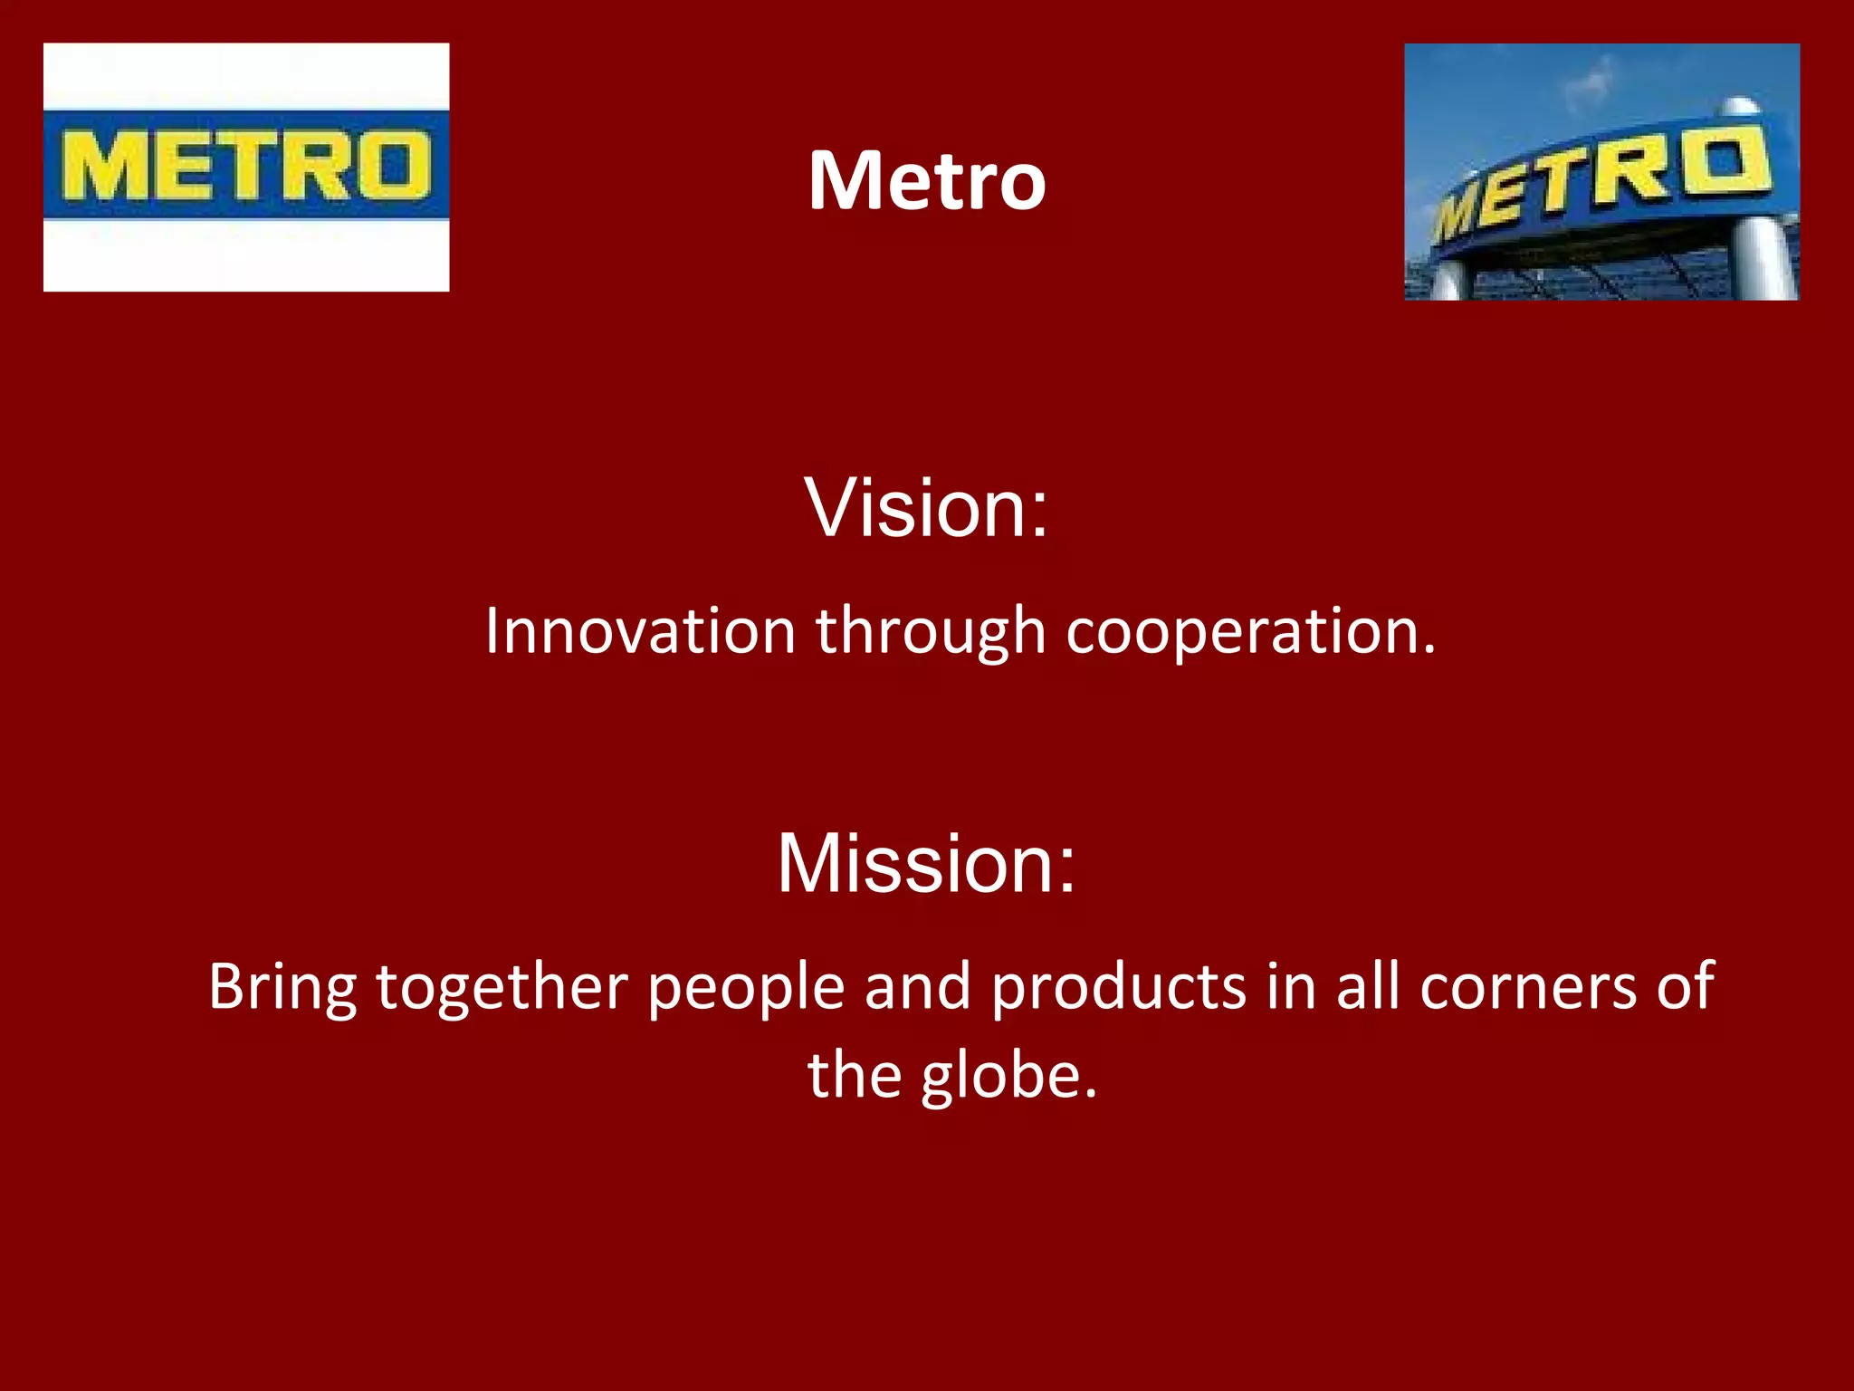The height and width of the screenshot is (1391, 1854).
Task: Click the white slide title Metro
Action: coord(927,180)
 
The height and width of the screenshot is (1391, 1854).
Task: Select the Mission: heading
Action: coord(926,864)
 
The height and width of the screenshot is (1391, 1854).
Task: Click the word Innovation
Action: coord(640,631)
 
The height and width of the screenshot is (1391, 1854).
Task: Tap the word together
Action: coord(502,988)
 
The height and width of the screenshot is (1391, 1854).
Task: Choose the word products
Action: coord(1119,988)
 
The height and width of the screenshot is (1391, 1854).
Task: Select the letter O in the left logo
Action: coord(391,166)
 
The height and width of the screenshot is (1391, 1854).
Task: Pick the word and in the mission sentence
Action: coord(918,987)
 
